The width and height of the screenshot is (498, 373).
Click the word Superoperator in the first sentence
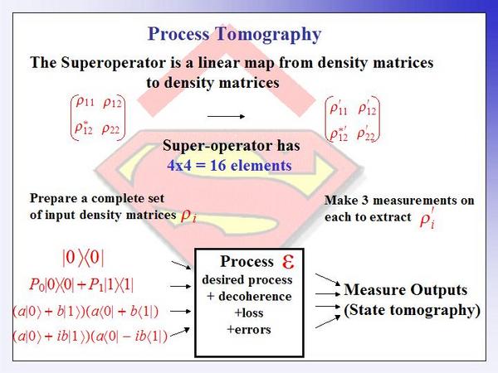(x=114, y=62)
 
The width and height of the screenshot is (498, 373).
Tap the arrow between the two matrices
(x=226, y=116)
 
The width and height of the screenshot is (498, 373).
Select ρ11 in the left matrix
(x=85, y=102)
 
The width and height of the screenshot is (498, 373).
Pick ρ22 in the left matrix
(x=111, y=129)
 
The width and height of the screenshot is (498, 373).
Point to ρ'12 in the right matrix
(x=367, y=109)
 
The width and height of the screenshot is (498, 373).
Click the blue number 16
(x=218, y=165)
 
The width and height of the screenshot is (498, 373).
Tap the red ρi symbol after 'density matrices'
(x=188, y=216)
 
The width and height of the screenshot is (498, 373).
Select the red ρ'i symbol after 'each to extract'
(x=427, y=218)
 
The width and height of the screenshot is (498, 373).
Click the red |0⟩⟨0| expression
(x=83, y=258)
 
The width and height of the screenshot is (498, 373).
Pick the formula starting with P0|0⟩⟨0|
(x=81, y=284)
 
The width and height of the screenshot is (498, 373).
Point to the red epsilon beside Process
(x=288, y=262)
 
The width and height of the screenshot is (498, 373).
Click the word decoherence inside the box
(x=255, y=296)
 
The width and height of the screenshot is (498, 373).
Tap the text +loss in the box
(x=249, y=313)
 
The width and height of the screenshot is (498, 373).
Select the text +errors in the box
(x=249, y=330)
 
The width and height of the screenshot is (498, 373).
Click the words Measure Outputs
(x=406, y=290)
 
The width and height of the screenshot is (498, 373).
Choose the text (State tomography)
(x=412, y=310)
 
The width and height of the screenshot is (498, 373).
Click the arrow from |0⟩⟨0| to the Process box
(x=181, y=265)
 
